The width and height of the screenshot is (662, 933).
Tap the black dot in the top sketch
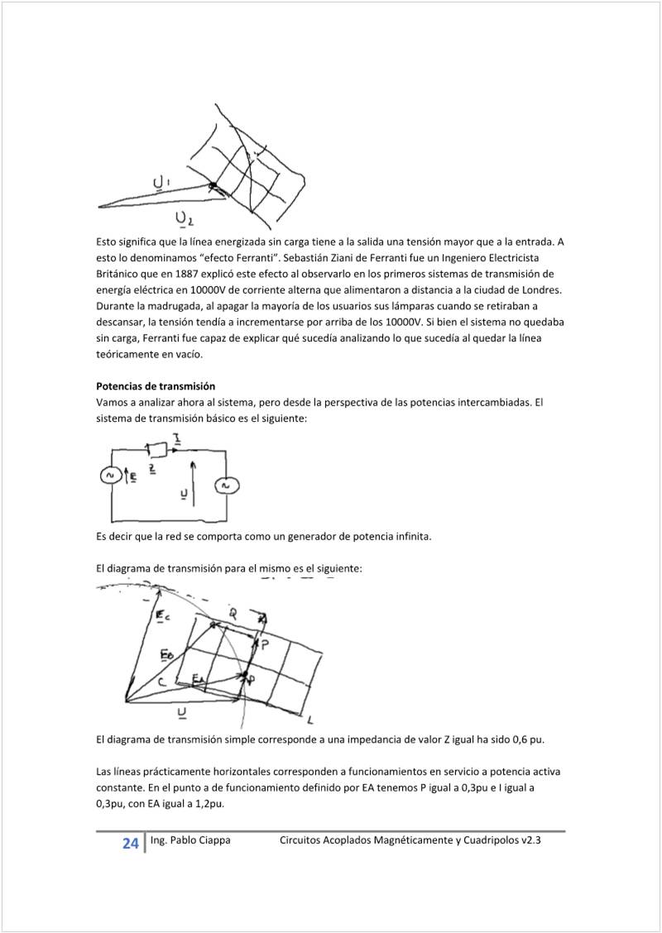pos(213,185)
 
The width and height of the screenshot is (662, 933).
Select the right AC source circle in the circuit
pos(223,486)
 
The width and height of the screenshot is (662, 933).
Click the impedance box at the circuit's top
pos(157,449)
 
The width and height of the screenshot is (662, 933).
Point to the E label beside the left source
pos(132,476)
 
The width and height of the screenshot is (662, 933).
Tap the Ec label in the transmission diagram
pos(164,615)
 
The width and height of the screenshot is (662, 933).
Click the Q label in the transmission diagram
pos(233,613)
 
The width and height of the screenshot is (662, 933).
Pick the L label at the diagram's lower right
pos(309,715)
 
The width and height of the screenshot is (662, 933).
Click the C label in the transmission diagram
pos(162,682)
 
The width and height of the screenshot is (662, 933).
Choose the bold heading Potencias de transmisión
pos(156,386)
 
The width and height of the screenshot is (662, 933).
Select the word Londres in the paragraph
pos(540,289)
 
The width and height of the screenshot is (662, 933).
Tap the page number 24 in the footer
pos(130,844)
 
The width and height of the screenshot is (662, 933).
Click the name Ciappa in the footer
pos(213,840)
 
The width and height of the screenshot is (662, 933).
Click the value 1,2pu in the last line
pos(207,803)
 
